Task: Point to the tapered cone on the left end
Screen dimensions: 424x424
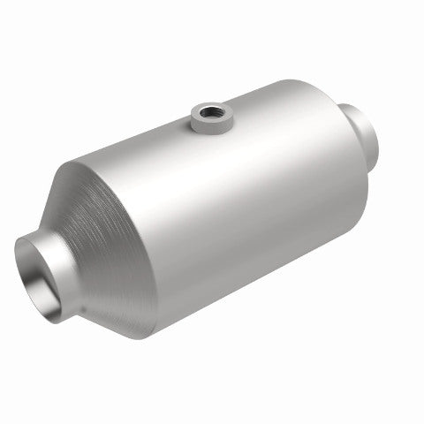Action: click(97, 230)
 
